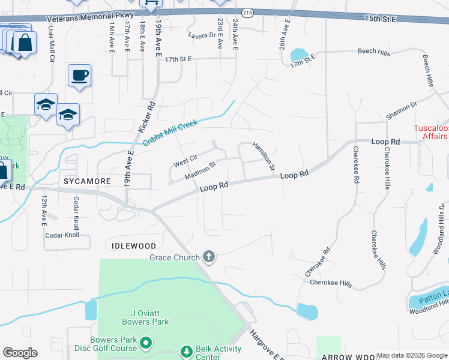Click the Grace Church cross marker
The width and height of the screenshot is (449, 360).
[x=209, y=257]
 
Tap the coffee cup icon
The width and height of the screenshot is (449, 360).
[x=79, y=76]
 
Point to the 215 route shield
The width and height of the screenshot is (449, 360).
[x=248, y=11]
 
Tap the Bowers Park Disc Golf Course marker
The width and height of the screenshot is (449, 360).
[x=145, y=343]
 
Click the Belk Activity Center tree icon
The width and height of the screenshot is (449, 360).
[x=187, y=350]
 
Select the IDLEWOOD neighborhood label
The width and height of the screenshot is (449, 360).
[x=134, y=246]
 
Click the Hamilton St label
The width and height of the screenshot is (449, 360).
[x=264, y=155]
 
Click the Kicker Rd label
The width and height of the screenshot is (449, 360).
[x=147, y=116]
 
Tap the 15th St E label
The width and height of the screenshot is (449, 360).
[x=381, y=19]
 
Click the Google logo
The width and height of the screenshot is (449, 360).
[x=20, y=353]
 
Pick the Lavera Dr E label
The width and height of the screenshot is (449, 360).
[x=204, y=35]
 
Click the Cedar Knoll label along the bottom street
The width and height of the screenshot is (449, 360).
[x=62, y=235]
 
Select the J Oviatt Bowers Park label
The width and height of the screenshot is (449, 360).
[x=141, y=317]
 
